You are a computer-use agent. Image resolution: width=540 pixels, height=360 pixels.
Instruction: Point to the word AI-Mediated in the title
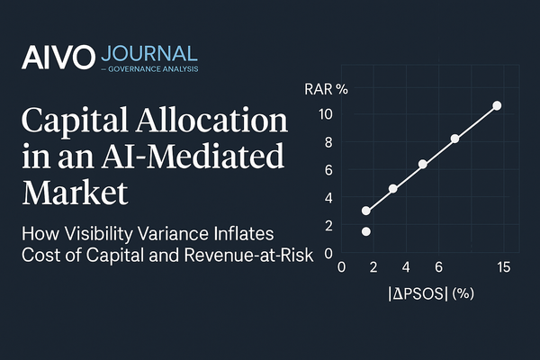[197, 156]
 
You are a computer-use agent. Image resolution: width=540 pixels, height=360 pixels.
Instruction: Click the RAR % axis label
[328, 90]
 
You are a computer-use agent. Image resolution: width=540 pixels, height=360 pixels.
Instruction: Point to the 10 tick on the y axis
[327, 114]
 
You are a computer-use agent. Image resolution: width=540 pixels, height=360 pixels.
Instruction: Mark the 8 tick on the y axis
[329, 141]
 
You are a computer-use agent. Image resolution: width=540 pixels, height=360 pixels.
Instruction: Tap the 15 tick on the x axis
[503, 267]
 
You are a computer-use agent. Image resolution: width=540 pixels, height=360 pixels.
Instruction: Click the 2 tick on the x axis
[373, 267]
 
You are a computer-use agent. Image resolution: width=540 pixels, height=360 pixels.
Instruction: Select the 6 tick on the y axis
[329, 169]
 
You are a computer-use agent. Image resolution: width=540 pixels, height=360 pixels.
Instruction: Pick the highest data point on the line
[497, 106]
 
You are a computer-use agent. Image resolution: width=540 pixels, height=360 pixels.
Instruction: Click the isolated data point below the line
[366, 232]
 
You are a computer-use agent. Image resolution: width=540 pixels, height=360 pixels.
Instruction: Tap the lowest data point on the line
[366, 211]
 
